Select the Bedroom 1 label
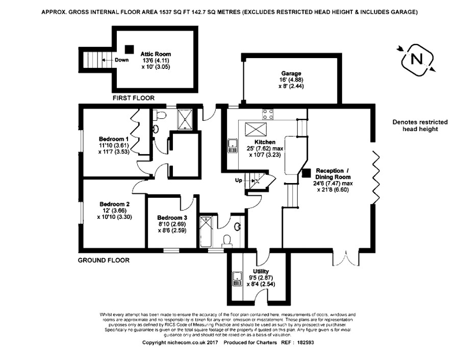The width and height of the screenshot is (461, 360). pos(113,139)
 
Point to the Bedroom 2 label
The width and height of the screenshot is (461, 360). pos(114,204)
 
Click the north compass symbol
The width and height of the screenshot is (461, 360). pos(418,59)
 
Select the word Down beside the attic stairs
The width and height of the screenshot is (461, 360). pos(122,60)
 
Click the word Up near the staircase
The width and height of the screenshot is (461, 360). pos(238,181)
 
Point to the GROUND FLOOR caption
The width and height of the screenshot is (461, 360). pos(104,260)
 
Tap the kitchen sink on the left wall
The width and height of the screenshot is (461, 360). pos(233,145)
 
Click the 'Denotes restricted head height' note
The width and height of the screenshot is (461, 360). pos(420,125)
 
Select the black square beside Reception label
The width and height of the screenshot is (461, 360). pos(306,173)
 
